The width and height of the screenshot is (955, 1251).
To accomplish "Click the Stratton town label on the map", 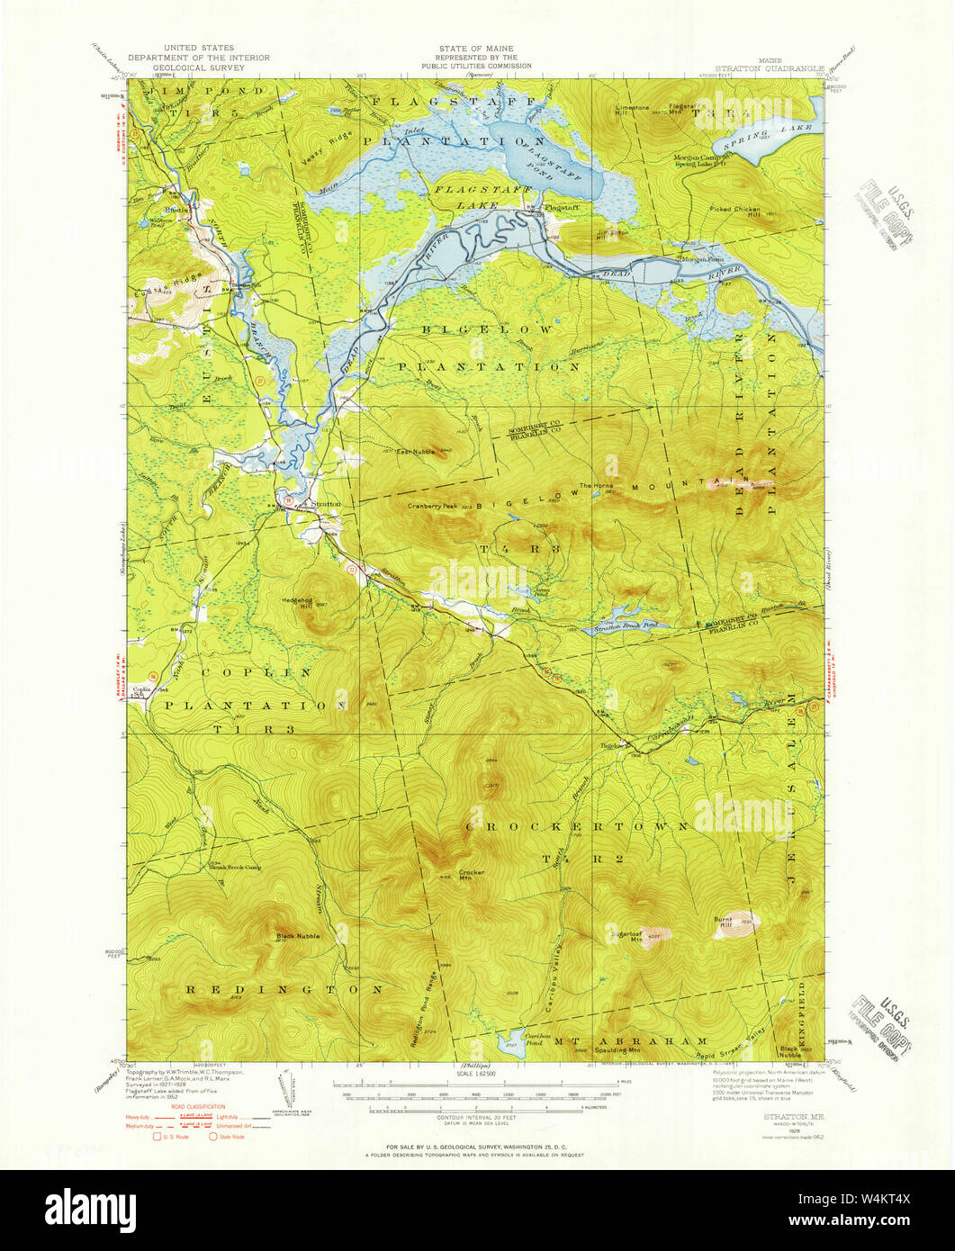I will click(326, 504).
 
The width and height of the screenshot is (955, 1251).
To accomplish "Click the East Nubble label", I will click(417, 451).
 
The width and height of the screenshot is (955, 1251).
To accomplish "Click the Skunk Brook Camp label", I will click(235, 868).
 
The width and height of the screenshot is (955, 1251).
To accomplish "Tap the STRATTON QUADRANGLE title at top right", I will click(769, 66).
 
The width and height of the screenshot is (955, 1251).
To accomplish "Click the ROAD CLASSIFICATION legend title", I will click(170, 1106).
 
